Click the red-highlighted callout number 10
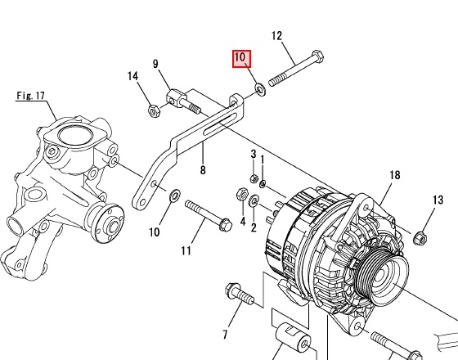coord(241,58)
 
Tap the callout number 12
coord(277,36)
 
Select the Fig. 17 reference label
coord(31,96)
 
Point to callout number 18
coord(394,175)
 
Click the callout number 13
coord(438,200)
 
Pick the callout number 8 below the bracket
coord(203,170)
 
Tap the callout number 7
coord(225,335)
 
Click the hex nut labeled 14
coord(154,110)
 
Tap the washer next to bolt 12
coord(260,89)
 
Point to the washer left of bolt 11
coord(175,196)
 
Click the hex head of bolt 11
coord(226,224)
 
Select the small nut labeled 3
coord(254,178)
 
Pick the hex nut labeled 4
coord(242,193)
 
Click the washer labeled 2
coord(254,200)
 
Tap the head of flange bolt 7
coord(232,289)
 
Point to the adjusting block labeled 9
coord(176,98)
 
